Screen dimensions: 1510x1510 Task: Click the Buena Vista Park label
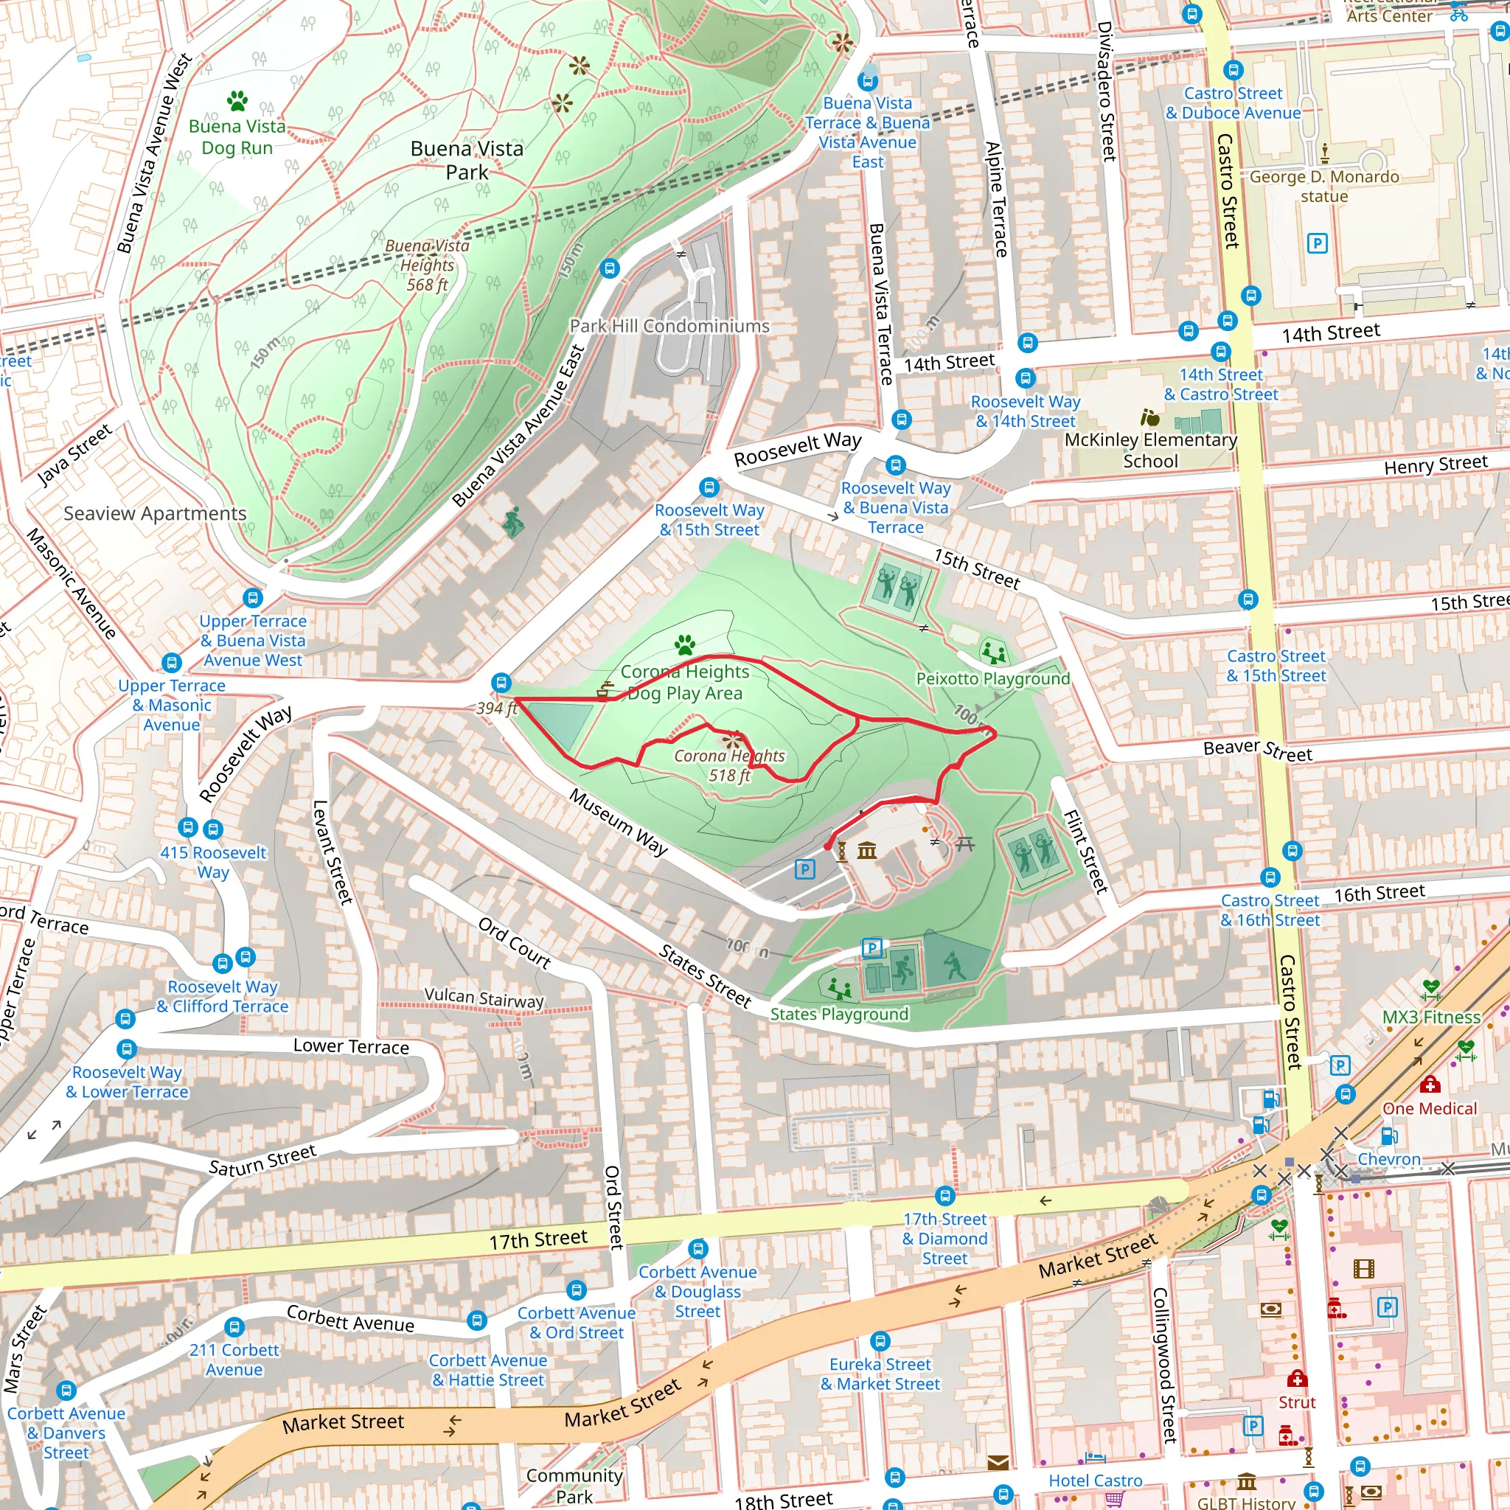click(467, 160)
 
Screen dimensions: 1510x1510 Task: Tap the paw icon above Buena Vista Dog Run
click(237, 100)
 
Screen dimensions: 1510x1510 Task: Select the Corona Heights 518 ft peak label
click(729, 765)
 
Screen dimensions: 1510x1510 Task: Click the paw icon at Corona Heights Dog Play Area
click(686, 645)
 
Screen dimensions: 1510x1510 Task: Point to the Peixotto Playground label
click(992, 678)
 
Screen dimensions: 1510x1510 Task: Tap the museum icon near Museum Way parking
click(867, 849)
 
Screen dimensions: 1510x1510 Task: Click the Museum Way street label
click(618, 821)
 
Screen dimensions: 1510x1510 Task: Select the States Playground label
click(839, 1014)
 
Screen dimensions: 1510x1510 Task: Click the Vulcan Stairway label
click(484, 998)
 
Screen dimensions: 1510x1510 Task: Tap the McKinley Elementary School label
click(1150, 450)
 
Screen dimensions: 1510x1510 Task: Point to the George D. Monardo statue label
click(1324, 186)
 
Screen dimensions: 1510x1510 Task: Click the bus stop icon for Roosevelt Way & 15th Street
click(709, 487)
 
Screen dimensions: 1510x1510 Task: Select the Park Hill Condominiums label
click(669, 326)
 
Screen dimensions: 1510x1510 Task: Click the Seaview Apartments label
click(155, 513)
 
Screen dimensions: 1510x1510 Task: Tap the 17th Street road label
click(537, 1239)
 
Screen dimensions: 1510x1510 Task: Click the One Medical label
click(1430, 1108)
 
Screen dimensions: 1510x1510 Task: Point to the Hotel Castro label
click(1095, 1481)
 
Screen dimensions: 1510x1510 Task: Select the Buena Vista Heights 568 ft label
click(428, 265)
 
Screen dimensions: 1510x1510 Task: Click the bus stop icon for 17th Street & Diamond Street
click(945, 1196)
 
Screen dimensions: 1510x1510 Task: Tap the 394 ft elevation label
click(497, 708)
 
